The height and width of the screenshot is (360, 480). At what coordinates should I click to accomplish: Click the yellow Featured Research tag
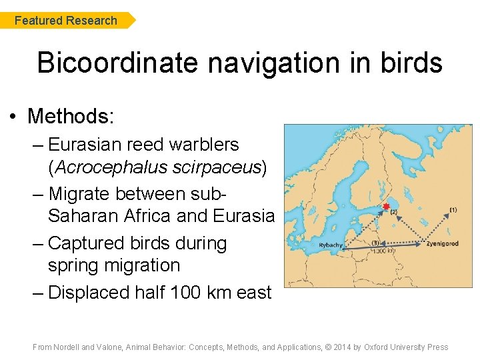(x=67, y=21)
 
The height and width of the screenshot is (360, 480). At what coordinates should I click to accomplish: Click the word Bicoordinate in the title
(x=117, y=63)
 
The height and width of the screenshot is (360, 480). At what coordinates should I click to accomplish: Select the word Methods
(x=71, y=117)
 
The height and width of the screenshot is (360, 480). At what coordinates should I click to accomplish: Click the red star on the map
(x=386, y=207)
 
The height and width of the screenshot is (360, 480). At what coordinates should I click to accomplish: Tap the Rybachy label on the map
(x=331, y=245)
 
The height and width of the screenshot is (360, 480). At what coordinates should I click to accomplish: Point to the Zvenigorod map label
(x=443, y=244)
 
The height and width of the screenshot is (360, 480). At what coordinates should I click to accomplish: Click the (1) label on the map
(x=453, y=210)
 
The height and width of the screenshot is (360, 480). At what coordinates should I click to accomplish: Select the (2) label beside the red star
(x=393, y=212)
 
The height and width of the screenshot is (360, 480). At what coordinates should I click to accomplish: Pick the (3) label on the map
(x=375, y=243)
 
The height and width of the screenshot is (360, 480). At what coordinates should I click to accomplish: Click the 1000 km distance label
(x=383, y=251)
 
